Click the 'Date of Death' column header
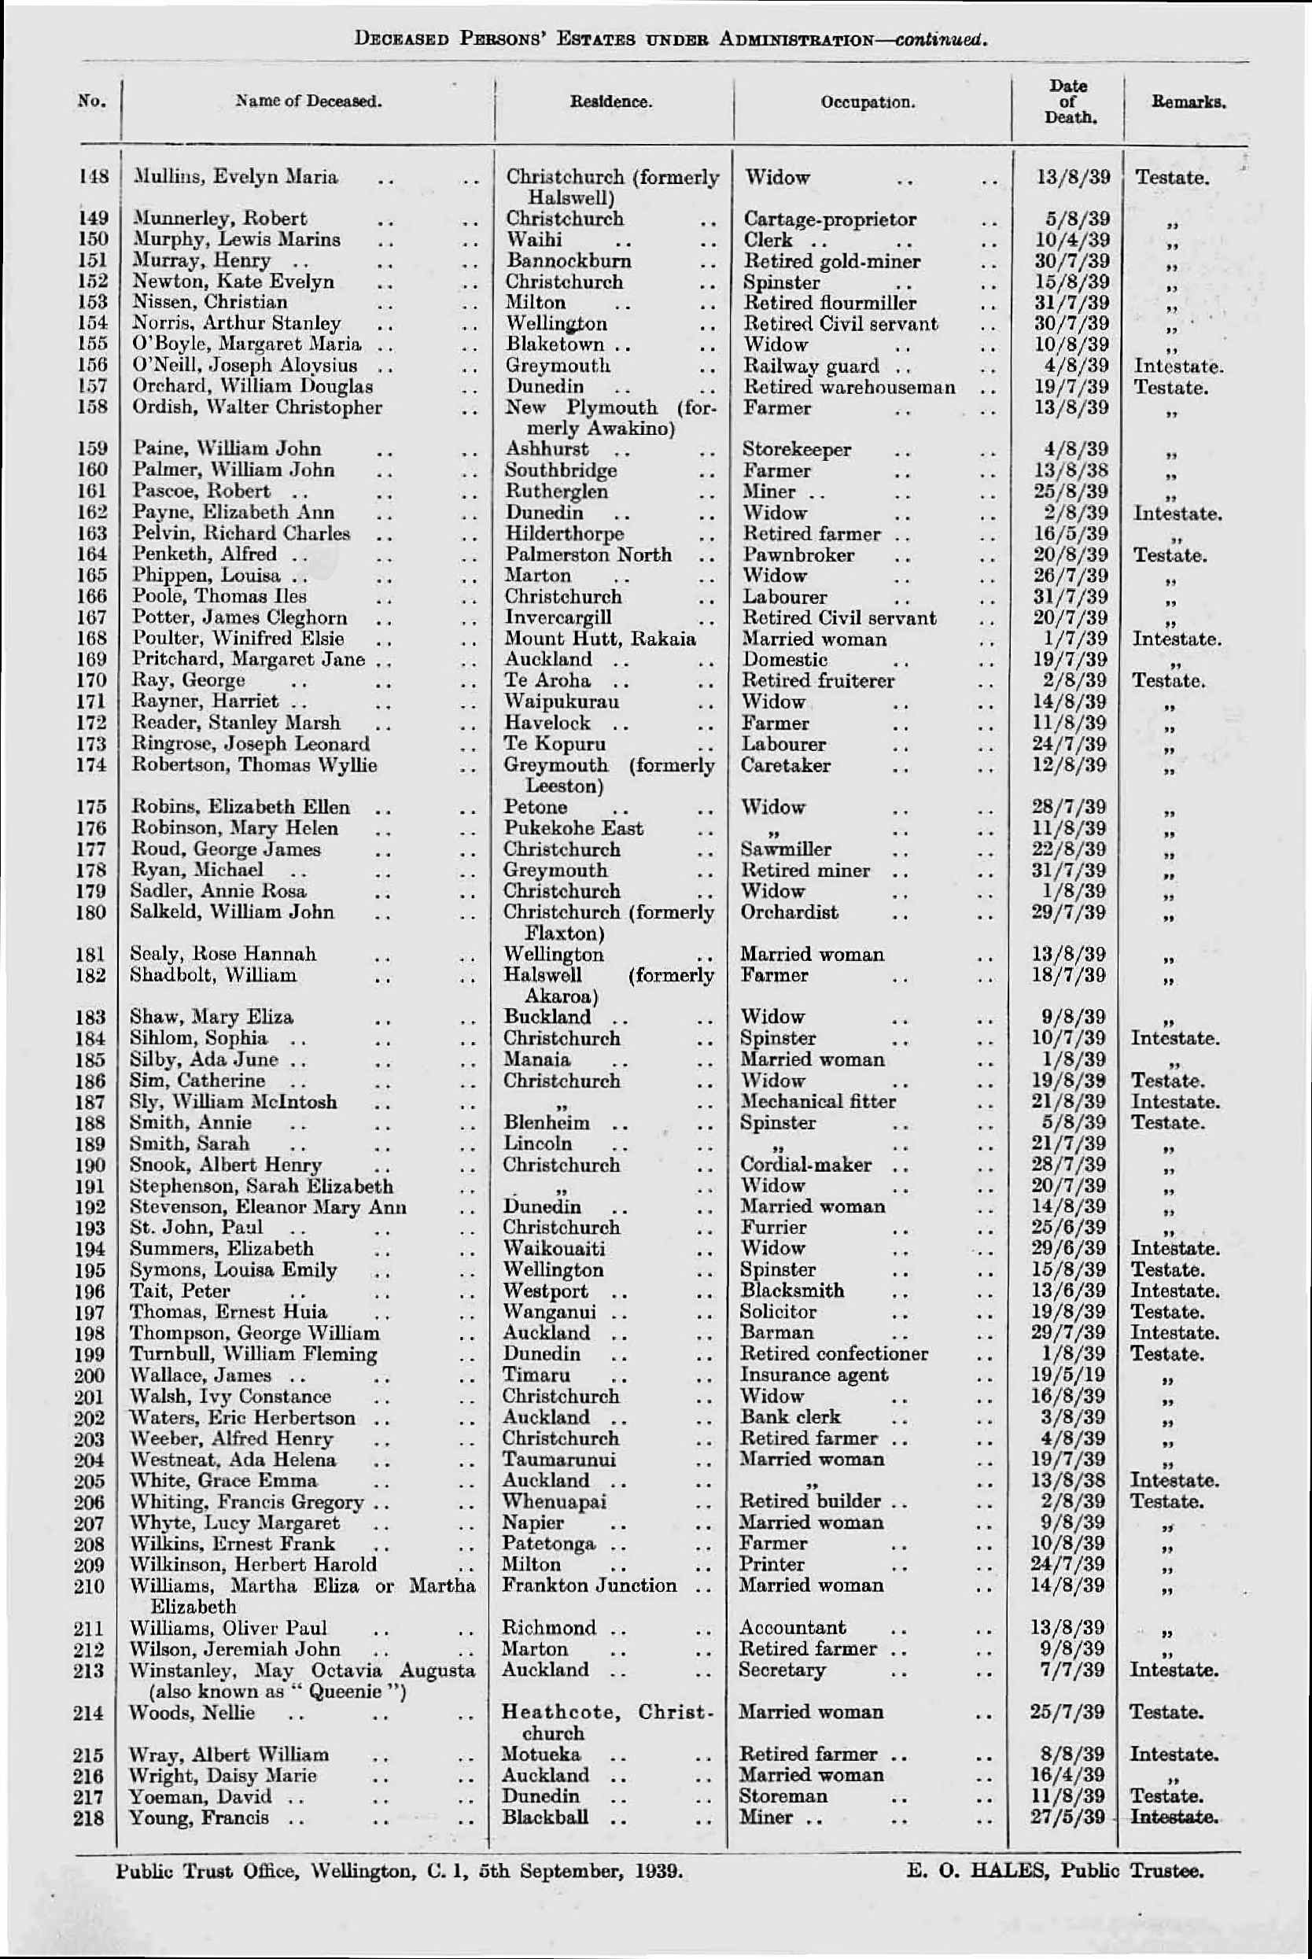click(x=1068, y=101)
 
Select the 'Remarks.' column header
click(x=1189, y=103)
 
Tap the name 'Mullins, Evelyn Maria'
click(x=236, y=177)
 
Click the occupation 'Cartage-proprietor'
click(x=829, y=219)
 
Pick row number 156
click(x=93, y=366)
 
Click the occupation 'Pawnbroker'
click(x=798, y=554)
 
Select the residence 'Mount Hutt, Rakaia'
click(x=600, y=639)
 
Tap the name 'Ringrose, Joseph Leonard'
click(x=250, y=744)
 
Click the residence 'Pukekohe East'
click(x=573, y=828)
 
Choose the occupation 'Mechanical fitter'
click(x=817, y=1102)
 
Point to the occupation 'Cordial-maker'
click(x=805, y=1165)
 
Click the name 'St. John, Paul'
click(x=196, y=1227)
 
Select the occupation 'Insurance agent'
click(x=813, y=1375)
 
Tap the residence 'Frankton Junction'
click(x=589, y=1585)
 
